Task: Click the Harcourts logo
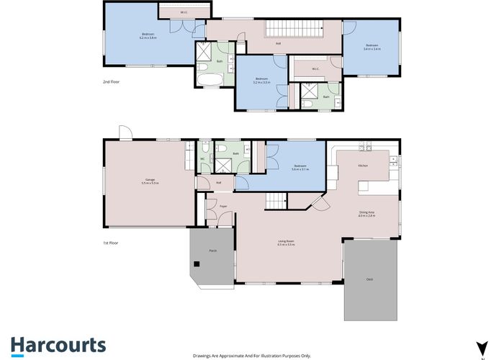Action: [58, 345]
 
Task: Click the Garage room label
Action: [150, 181]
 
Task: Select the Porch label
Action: [212, 251]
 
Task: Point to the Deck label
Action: [369, 279]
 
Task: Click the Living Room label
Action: [287, 243]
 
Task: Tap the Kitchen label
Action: [363, 166]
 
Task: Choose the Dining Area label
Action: [366, 212]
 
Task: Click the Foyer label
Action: [224, 206]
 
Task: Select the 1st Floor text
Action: [110, 243]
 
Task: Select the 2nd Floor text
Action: [110, 83]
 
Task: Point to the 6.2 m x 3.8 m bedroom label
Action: [148, 35]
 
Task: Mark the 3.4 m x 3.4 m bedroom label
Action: [372, 47]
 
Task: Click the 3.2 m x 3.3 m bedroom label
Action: [261, 81]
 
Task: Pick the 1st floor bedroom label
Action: [300, 168]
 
